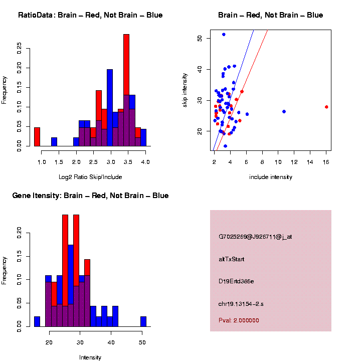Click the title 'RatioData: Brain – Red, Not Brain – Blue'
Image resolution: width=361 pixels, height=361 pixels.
[x=90, y=15]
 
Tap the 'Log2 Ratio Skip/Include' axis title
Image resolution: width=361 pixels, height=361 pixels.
[x=90, y=177]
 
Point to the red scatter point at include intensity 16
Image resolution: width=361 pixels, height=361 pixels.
[x=326, y=107]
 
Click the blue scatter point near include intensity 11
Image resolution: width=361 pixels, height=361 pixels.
[x=284, y=111]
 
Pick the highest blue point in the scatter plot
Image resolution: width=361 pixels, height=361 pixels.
[x=224, y=35]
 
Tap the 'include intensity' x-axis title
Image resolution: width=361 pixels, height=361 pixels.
[x=270, y=177]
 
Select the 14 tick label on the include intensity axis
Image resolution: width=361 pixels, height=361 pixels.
[x=310, y=162]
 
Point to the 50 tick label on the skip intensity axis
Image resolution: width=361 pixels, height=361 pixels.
[x=200, y=38]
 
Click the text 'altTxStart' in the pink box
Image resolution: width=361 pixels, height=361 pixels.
[x=232, y=259]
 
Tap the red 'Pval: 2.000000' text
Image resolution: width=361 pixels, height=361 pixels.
[x=239, y=320]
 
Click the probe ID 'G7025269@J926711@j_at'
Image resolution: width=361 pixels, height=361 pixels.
[x=255, y=237]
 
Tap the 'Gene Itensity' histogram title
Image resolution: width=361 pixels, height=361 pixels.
[x=90, y=196]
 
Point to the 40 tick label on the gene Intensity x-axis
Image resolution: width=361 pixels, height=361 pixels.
[x=111, y=342]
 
